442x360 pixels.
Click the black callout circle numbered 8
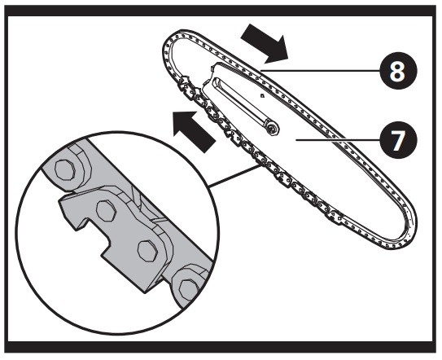(398, 71)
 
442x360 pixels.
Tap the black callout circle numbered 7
(398, 139)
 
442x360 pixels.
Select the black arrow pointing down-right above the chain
(265, 43)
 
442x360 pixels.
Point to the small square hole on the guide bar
(262, 96)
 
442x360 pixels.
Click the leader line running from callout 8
(320, 71)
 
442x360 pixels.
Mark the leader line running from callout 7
(338, 139)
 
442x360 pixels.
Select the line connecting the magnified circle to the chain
(234, 176)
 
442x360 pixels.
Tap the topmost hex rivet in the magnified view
(65, 169)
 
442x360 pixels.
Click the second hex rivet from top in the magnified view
(106, 210)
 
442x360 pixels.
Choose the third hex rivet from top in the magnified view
(147, 251)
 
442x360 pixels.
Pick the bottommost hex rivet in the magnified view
(188, 289)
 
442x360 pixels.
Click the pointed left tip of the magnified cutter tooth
(59, 201)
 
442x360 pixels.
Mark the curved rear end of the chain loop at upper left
(167, 50)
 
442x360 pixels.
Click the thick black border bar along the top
(221, 11)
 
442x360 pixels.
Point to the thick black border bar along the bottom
(221, 347)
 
